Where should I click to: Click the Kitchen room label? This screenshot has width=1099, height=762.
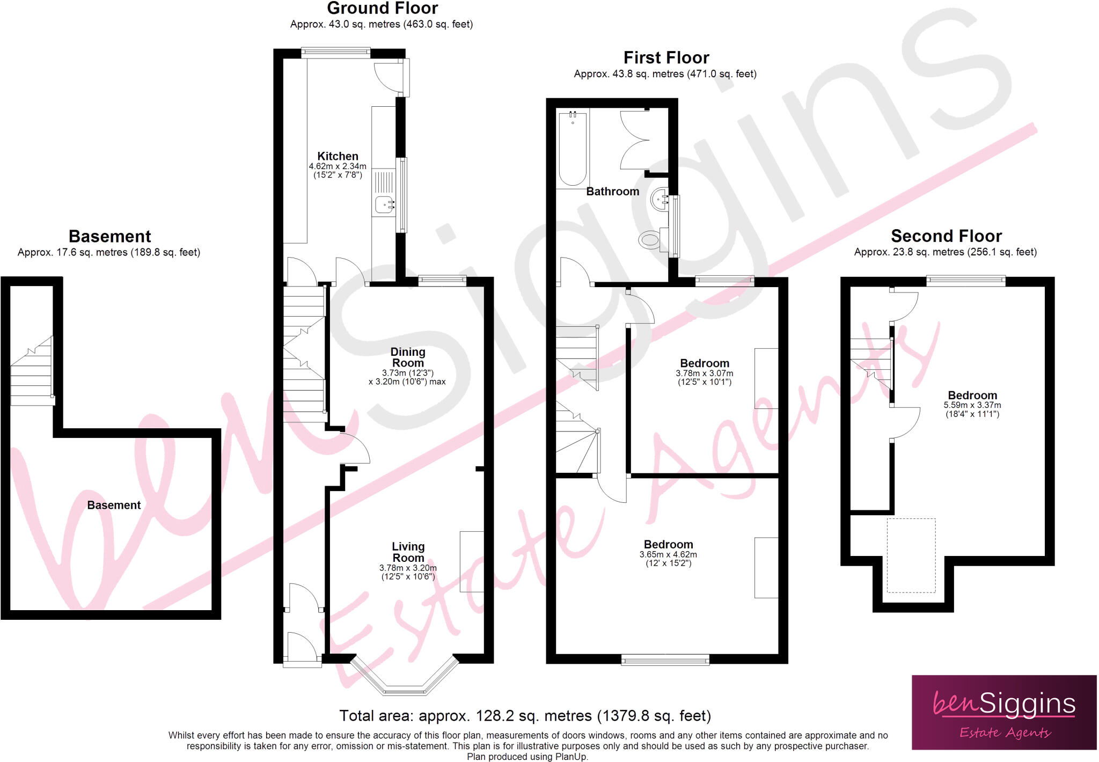[338, 156]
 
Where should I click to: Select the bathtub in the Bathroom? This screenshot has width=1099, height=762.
[573, 148]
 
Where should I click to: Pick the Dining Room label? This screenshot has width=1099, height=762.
[408, 357]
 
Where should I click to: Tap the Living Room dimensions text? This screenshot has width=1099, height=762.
[408, 572]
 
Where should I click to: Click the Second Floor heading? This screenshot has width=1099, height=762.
[946, 236]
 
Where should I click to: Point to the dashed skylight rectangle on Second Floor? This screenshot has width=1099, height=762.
[911, 555]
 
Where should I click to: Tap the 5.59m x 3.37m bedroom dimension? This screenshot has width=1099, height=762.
[972, 405]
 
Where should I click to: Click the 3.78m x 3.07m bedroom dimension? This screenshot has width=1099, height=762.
[704, 373]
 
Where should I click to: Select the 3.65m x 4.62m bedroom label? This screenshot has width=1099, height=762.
[668, 545]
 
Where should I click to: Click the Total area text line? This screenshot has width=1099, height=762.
[525, 716]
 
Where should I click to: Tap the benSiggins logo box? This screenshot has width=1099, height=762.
[1003, 712]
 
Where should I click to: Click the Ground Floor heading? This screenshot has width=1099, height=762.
[382, 9]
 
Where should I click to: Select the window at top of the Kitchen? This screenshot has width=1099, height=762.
[335, 52]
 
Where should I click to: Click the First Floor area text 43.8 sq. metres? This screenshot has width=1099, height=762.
[665, 74]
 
